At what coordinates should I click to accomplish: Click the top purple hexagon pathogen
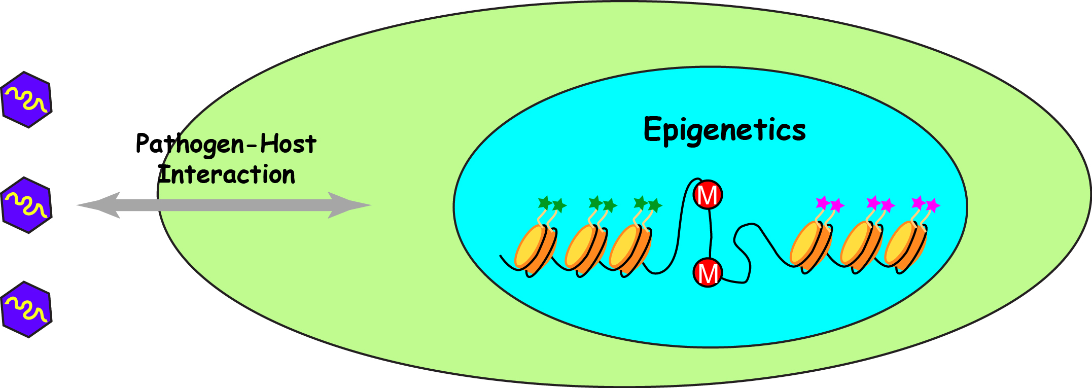pos(26,99)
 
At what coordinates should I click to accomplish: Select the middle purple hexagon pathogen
pos(26,205)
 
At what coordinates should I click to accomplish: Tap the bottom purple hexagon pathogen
pos(26,309)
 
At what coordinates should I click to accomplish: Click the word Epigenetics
pos(724,130)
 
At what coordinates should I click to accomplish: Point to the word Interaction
pos(226,175)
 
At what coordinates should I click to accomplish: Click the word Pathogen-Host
pos(226,144)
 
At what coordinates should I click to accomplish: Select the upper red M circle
pos(708,194)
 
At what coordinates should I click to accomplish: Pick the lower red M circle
pos(708,273)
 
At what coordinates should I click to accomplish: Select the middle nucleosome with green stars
pos(585,249)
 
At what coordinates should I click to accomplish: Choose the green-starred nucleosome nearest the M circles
pos(629,249)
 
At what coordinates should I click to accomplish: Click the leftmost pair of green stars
pos(552,204)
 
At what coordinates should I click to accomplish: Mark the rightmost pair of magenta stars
pos(926,204)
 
